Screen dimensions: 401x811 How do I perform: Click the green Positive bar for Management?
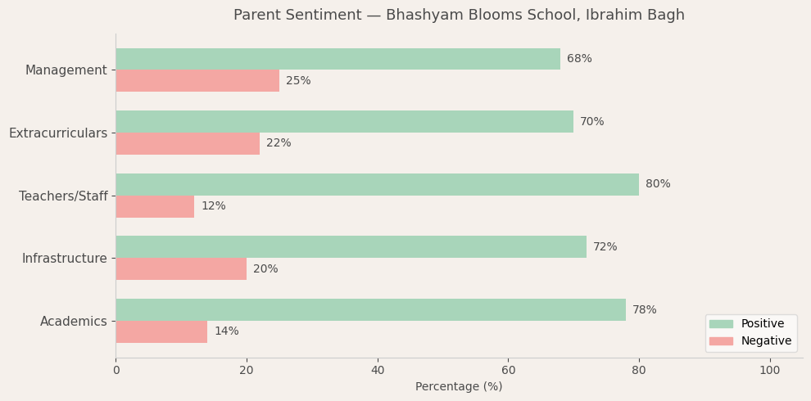[338, 59]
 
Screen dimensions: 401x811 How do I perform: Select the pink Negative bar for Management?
[197, 81]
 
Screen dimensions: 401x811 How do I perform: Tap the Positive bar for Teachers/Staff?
[377, 184]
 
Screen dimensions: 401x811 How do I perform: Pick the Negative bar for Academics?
[161, 331]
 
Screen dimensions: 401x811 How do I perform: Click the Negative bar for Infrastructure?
[181, 269]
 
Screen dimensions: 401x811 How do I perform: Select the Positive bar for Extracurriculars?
[344, 122]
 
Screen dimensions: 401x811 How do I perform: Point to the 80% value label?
[658, 184]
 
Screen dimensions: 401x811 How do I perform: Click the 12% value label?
[213, 206]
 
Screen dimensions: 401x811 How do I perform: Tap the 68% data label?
[579, 59]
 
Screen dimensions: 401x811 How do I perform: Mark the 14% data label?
[226, 331]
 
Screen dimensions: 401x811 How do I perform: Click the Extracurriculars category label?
[58, 133]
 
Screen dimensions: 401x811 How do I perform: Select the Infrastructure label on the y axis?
[64, 259]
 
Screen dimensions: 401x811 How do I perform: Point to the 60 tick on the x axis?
[508, 371]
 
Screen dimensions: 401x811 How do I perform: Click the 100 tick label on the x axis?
[769, 371]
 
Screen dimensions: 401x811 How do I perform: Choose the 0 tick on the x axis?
[116, 371]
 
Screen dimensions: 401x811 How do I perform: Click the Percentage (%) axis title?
[459, 387]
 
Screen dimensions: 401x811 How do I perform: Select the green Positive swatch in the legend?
[721, 324]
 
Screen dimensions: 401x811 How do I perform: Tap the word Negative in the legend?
[766, 341]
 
